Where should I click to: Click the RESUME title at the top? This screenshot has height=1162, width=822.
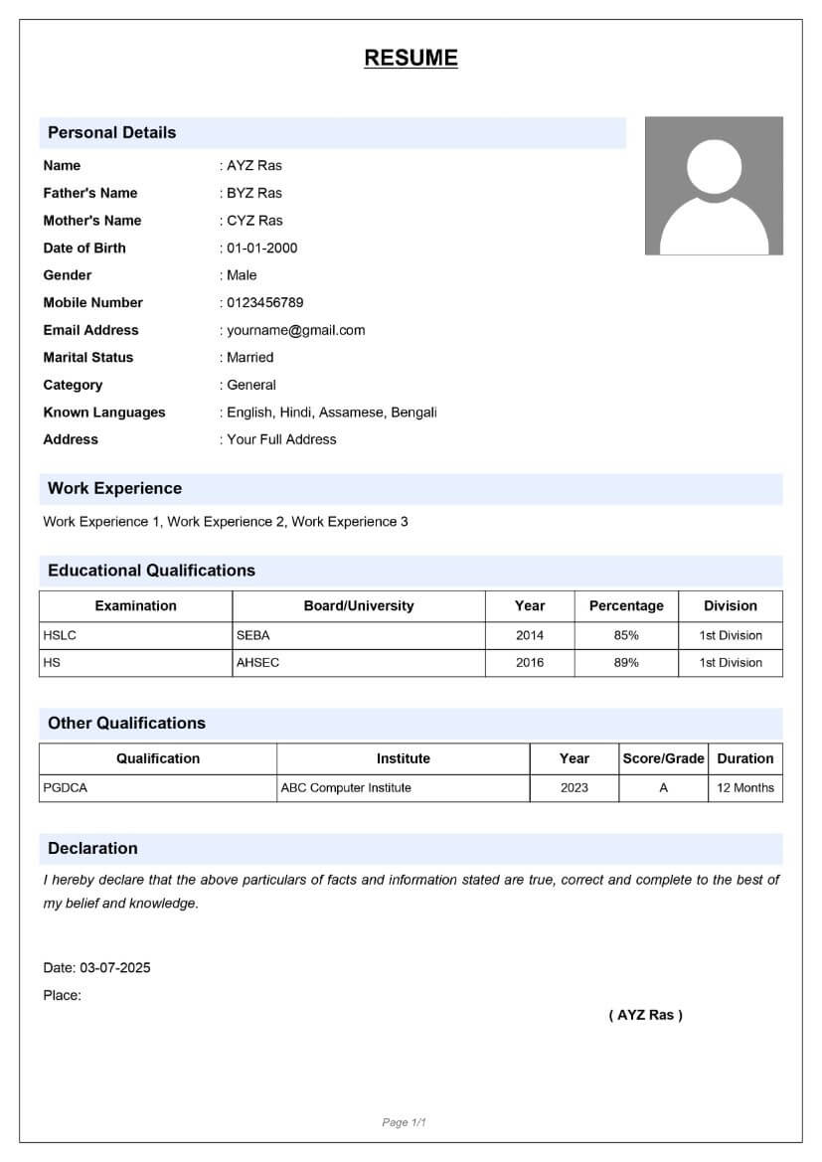[x=411, y=58]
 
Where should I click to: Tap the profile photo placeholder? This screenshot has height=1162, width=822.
[x=714, y=186]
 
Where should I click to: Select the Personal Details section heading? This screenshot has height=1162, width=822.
[x=112, y=132]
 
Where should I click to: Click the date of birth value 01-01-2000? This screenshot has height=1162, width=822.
[x=261, y=248]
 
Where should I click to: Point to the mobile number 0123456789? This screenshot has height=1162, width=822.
[x=264, y=302]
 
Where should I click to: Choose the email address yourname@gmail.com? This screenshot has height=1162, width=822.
[x=295, y=330]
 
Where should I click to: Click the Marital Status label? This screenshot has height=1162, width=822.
[x=88, y=357]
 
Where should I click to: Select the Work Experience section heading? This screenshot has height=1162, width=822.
[x=115, y=488]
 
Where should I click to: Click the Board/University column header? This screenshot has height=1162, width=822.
[x=359, y=605]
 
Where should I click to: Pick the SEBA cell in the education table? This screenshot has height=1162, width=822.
[x=253, y=635]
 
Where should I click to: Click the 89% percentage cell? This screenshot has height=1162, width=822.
[x=626, y=662]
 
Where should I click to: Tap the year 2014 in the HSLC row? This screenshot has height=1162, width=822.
[x=530, y=635]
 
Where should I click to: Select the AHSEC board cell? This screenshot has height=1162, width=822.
[x=258, y=662]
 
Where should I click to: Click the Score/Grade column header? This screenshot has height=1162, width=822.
[x=663, y=758]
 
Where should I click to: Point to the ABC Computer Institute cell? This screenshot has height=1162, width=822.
[x=346, y=787]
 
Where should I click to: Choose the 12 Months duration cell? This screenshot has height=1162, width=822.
[x=745, y=787]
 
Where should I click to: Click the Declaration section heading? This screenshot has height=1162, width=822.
[x=93, y=848]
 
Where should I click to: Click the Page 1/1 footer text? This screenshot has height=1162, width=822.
[x=405, y=1122]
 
